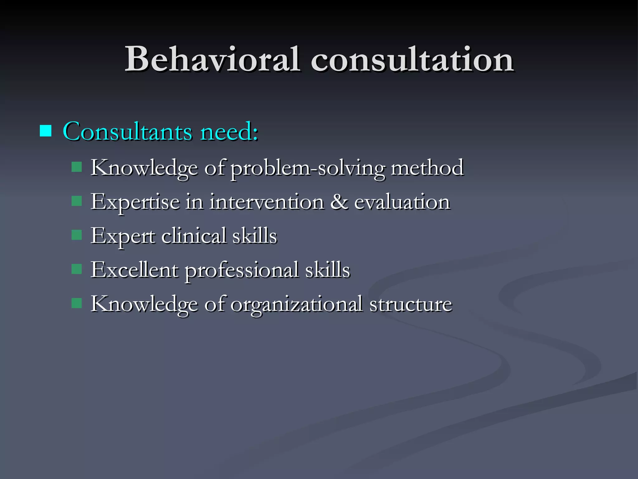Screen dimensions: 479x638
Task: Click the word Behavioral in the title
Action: (x=212, y=59)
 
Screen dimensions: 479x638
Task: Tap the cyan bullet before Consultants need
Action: (x=45, y=131)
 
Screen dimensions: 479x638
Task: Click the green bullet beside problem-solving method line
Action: (x=76, y=167)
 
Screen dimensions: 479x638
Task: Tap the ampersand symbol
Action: (x=339, y=202)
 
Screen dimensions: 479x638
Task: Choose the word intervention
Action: (x=267, y=202)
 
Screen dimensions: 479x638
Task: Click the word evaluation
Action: (x=402, y=202)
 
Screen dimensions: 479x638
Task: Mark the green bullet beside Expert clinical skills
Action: (x=76, y=235)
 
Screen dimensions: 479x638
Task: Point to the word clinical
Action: (x=193, y=236)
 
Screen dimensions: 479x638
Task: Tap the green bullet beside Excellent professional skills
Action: (x=76, y=269)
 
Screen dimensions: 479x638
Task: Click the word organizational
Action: (x=296, y=304)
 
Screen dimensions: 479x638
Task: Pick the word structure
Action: (x=411, y=304)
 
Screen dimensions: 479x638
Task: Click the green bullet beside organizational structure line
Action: (x=76, y=303)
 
